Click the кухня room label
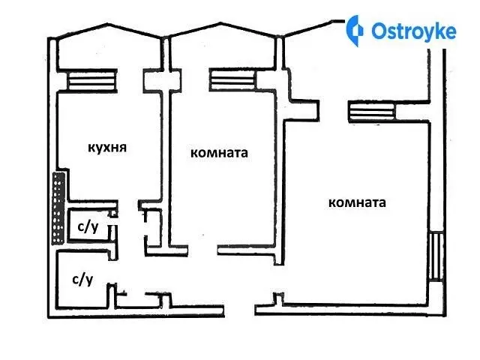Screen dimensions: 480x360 (x=107, y=148)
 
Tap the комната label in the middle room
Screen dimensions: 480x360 (x=219, y=153)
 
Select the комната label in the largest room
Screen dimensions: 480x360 (x=357, y=202)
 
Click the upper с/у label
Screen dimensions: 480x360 (x=88, y=227)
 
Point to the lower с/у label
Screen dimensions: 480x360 (x=82, y=280)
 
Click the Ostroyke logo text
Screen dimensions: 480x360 (x=414, y=31)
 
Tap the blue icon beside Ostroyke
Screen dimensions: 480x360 (x=355, y=31)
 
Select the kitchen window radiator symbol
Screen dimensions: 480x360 (x=92, y=80)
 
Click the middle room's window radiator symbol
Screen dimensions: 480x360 (x=232, y=80)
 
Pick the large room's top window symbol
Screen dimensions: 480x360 (x=371, y=112)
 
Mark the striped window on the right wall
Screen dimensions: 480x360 (x=436, y=256)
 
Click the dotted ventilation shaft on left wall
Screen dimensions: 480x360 (x=58, y=208)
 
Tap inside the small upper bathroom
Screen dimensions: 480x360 (x=88, y=224)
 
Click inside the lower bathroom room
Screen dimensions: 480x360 (x=82, y=278)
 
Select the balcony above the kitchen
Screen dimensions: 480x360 (x=109, y=49)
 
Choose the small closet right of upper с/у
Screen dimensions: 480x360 (x=154, y=227)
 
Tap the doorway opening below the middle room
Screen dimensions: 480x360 (x=202, y=250)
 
